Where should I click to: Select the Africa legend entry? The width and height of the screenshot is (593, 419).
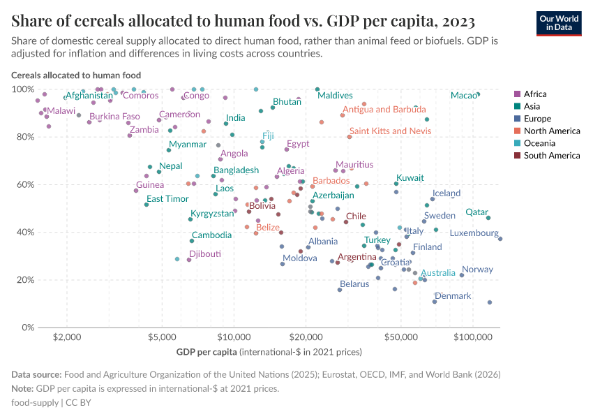(535, 94)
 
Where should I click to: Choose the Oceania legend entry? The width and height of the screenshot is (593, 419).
(539, 143)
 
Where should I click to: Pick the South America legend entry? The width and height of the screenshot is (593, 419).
(551, 156)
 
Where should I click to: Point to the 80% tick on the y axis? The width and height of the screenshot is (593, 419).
(24, 137)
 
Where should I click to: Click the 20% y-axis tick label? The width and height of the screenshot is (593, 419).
(24, 280)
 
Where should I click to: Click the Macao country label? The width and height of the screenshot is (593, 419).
(463, 96)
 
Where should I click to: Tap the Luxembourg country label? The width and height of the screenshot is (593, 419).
(474, 233)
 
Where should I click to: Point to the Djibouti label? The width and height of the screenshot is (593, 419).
(205, 254)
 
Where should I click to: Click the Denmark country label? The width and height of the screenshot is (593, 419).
(453, 296)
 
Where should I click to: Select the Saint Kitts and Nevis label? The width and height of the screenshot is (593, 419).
(390, 131)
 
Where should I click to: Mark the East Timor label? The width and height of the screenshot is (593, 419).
(167, 199)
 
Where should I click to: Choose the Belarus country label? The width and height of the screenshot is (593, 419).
(354, 284)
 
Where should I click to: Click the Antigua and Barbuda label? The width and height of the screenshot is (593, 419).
(384, 110)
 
